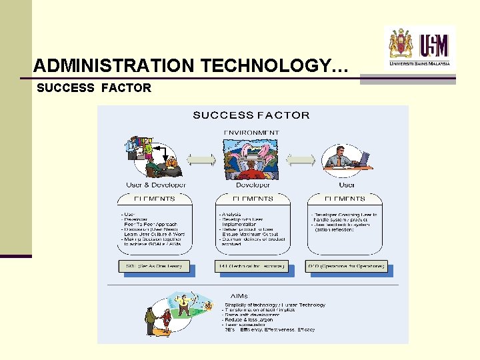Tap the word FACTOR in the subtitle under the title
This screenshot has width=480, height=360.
(126, 87)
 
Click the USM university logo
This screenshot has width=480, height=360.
(420, 46)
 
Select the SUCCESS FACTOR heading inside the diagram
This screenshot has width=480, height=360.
(251, 115)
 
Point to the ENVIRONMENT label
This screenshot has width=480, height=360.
(251, 133)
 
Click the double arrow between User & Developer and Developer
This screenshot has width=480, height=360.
(201, 160)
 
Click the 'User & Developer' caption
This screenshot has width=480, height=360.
(156, 185)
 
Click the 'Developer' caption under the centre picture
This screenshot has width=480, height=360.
(253, 185)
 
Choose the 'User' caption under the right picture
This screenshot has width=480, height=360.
(347, 185)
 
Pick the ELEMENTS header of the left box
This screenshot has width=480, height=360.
(155, 199)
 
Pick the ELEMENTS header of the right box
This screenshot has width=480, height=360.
(345, 199)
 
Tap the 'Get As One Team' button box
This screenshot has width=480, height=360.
(154, 266)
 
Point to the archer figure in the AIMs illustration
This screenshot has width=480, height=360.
(183, 304)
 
